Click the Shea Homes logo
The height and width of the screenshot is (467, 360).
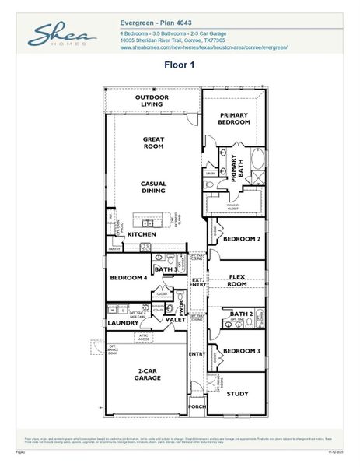coord(62,36)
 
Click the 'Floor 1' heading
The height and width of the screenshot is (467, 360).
coord(179,65)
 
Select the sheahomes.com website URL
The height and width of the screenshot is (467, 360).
coord(204,47)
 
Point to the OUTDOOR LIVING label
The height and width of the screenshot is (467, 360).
coord(152,100)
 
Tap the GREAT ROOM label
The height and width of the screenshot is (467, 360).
coord(152,142)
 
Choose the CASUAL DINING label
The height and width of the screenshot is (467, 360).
coord(153,188)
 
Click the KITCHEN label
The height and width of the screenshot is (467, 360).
coord(142,234)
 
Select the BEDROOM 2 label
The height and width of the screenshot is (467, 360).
coord(241,240)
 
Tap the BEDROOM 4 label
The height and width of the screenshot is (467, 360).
coord(128,278)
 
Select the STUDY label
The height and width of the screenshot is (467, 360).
coord(237,394)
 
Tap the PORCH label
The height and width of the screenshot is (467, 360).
coord(197,406)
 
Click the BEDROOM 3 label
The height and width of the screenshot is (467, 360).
coord(241,351)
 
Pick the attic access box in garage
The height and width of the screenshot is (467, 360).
coord(144,337)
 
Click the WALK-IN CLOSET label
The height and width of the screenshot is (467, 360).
coord(233,208)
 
